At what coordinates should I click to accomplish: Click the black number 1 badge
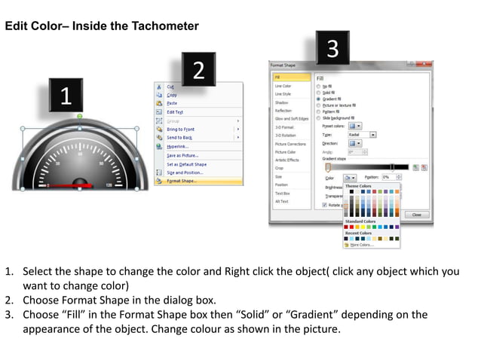pyautogui.click(x=66, y=96)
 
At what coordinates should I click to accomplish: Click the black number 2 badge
pyautogui.click(x=198, y=70)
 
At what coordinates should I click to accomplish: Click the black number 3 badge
pyautogui.click(x=332, y=49)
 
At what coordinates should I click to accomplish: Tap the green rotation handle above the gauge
pyautogui.click(x=79, y=116)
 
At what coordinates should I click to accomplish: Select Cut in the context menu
pyautogui.click(x=171, y=87)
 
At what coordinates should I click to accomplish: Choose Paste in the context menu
pyautogui.click(x=173, y=103)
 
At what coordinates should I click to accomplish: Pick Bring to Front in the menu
pyautogui.click(x=181, y=129)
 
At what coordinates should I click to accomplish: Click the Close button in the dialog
pyautogui.click(x=416, y=215)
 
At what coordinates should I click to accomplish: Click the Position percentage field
pyautogui.click(x=391, y=177)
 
